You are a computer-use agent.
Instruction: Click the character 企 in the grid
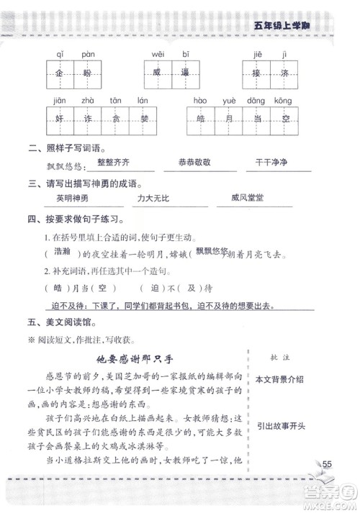coord(59,73)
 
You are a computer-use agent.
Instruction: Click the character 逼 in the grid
coord(186,73)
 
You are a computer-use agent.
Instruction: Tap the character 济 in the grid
coord(287,73)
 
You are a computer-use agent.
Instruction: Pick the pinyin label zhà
coord(88,100)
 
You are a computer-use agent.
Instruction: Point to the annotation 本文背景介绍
coord(279,378)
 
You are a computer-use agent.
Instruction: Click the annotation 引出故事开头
coord(279,425)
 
